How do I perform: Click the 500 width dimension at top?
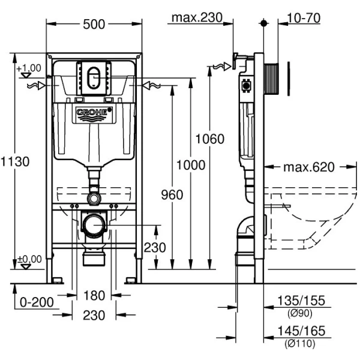(x=95, y=23)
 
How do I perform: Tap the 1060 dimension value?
(x=209, y=140)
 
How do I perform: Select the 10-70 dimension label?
(x=304, y=18)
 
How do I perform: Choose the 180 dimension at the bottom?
(x=95, y=296)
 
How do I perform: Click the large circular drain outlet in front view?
(x=93, y=225)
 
